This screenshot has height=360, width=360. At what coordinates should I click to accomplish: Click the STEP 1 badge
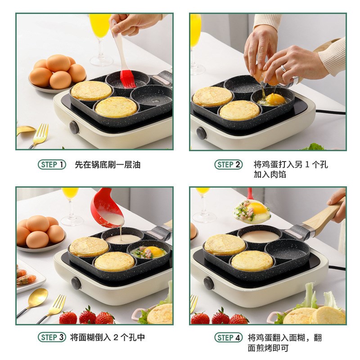click(52, 165)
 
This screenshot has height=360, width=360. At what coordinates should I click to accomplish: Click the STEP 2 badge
click(228, 165)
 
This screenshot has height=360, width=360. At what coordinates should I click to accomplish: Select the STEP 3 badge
click(52, 337)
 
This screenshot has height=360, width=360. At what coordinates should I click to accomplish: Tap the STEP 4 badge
click(228, 337)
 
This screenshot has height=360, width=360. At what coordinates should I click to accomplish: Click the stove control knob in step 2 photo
click(201, 133)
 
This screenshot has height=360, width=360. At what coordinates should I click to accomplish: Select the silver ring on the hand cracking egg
click(283, 69)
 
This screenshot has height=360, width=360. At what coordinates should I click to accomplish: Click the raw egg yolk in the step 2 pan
click(275, 99)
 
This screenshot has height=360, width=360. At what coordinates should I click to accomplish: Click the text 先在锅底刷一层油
click(108, 165)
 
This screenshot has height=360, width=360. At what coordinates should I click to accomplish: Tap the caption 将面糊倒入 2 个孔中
click(108, 337)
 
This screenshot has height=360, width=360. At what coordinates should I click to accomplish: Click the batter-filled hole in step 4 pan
click(261, 236)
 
